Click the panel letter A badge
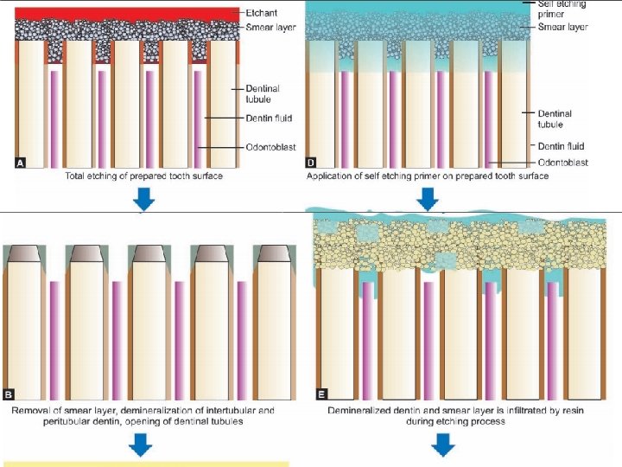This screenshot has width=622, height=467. pos(21,162)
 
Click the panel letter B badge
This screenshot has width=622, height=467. pos(9,394)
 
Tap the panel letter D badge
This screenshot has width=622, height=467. pos(311,162)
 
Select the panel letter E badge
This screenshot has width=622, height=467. pos(321,394)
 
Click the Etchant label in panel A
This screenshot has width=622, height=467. pos(262,13)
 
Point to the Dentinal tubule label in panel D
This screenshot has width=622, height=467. pos(555,118)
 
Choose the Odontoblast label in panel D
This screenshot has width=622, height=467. pos(562,162)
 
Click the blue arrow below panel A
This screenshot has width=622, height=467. pos(145,200)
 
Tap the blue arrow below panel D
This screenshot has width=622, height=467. pos(428,200)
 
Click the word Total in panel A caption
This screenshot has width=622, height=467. pos(78,176)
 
